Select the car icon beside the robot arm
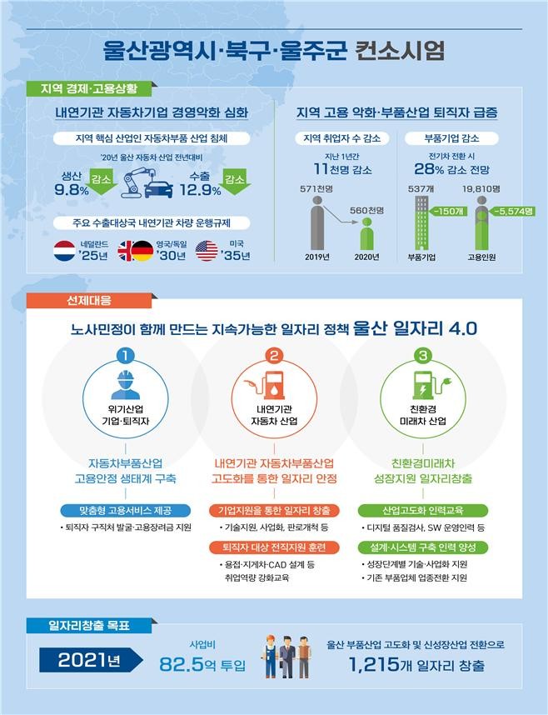point(159,188)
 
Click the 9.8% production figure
point(71,190)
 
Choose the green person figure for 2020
point(366,235)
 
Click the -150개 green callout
point(447,212)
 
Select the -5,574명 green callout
point(511,212)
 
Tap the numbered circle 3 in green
point(423,356)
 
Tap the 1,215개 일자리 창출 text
point(416,665)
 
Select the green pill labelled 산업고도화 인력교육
point(423,510)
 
